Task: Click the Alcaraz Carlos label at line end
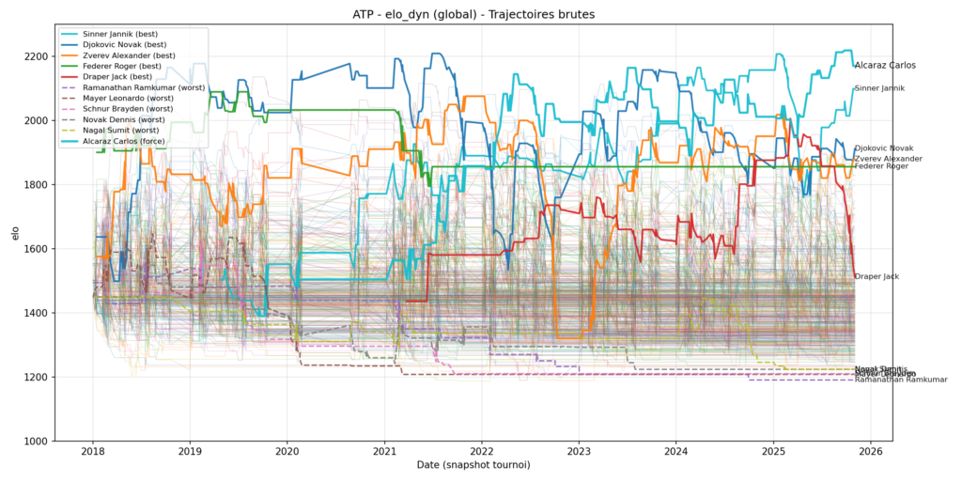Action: (x=884, y=66)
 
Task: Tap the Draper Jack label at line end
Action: (x=877, y=276)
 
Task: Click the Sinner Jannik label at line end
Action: (x=879, y=88)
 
